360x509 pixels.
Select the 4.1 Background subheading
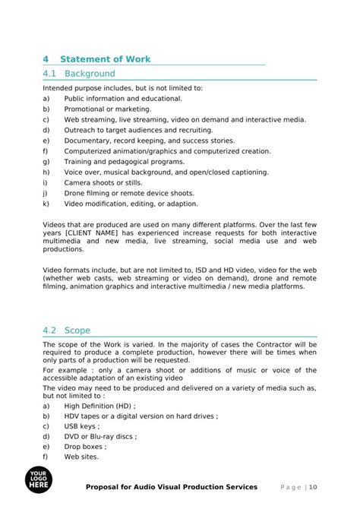[80, 74]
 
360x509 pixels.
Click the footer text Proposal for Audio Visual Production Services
[171, 487]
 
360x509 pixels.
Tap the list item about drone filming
[128, 193]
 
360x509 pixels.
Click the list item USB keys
[81, 426]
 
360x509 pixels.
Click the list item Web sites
[81, 457]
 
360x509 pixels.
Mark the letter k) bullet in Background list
[46, 204]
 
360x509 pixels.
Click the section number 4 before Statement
[46, 58]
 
